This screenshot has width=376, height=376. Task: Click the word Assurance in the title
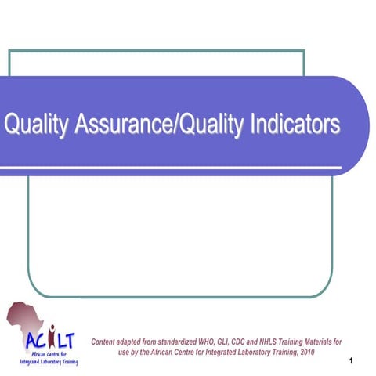[124, 125]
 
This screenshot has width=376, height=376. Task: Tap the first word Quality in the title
[37, 125]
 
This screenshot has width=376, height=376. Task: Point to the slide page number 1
[353, 360]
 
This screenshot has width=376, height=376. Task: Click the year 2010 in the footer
[303, 352]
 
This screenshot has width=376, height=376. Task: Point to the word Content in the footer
[108, 342]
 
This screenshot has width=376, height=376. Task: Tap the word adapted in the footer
[140, 342]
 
